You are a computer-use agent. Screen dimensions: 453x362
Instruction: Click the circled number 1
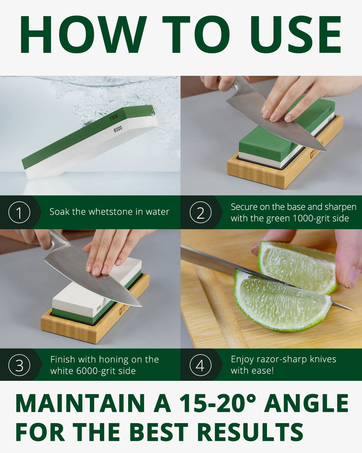pyautogui.click(x=19, y=212)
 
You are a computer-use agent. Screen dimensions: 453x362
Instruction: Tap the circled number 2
pyautogui.click(x=200, y=212)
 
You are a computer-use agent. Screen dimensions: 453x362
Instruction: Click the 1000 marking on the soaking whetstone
pyautogui.click(x=114, y=117)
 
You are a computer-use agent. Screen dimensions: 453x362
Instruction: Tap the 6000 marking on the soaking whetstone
pyautogui.click(x=118, y=129)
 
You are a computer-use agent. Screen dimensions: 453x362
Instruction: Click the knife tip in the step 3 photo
pyautogui.click(x=141, y=306)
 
